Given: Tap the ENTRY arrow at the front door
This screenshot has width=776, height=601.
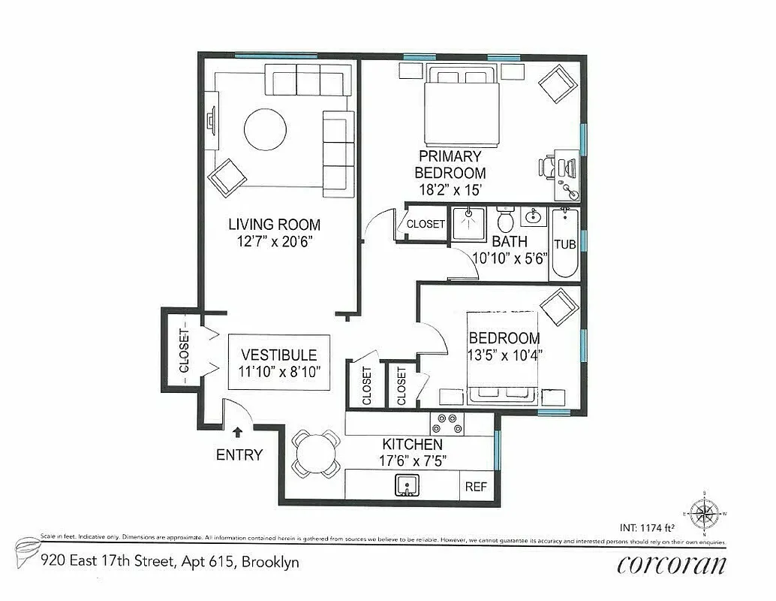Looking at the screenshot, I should [238, 432].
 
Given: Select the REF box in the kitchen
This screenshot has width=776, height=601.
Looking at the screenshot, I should [476, 487].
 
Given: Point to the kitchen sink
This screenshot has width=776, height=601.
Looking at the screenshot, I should [407, 486].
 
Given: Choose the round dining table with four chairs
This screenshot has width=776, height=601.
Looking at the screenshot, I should [314, 453].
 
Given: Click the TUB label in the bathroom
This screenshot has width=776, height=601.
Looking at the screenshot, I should [564, 243].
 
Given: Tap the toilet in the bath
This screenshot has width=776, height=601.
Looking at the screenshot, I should [505, 221].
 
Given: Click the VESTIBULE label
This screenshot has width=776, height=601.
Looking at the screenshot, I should [278, 355].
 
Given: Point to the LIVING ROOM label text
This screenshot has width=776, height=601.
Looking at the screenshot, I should [274, 224].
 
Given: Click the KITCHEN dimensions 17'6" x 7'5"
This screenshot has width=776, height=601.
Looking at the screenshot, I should [412, 461].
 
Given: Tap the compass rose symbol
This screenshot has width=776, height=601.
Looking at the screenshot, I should [703, 514].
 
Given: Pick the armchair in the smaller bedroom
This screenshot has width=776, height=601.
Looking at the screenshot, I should [559, 307].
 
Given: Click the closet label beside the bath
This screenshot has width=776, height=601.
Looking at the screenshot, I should [426, 224].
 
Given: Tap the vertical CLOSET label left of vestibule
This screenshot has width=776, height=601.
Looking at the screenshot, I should [182, 350].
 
